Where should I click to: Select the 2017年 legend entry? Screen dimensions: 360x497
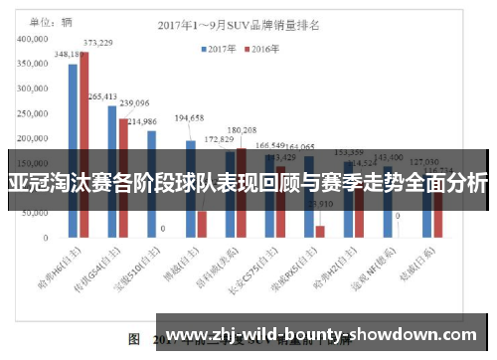click(x=220, y=49)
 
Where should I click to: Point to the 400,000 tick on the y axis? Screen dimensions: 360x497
click(x=34, y=38)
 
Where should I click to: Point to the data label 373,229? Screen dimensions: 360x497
click(x=97, y=43)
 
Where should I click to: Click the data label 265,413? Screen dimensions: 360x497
click(x=102, y=96)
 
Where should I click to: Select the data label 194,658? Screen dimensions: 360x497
click(x=189, y=118)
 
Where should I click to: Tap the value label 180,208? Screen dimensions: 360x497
click(x=242, y=130)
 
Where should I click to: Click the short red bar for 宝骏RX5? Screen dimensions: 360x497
click(x=320, y=231)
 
